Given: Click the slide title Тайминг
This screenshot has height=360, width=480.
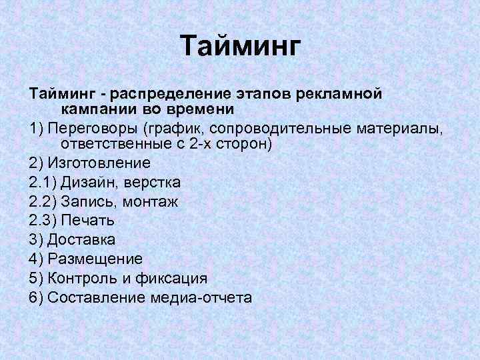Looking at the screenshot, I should [x=241, y=47].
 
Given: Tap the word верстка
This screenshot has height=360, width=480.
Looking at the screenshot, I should [x=153, y=182].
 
